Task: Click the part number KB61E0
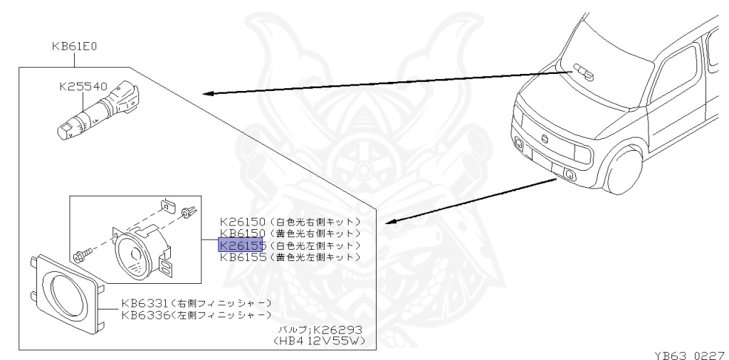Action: (74, 48)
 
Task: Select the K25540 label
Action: (84, 88)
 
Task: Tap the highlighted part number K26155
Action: (242, 245)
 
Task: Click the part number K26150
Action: (242, 222)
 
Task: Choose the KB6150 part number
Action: (242, 233)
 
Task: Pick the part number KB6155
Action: (242, 256)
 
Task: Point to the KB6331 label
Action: (145, 303)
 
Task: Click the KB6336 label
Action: (145, 314)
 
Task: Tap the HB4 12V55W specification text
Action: (319, 341)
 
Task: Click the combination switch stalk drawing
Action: (98, 110)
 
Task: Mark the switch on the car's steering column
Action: (583, 70)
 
